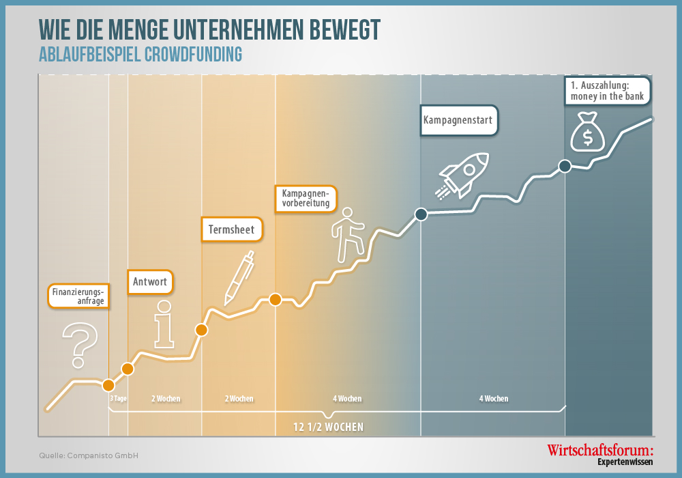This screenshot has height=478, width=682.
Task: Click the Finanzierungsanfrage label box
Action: pyautogui.click(x=78, y=296)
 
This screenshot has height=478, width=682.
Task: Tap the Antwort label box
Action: pyautogui.click(x=150, y=281)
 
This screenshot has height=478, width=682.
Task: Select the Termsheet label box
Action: pyautogui.click(x=232, y=229)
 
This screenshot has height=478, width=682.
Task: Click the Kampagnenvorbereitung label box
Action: pyautogui.click(x=306, y=199)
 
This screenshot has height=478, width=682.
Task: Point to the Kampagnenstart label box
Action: pyautogui.click(x=458, y=120)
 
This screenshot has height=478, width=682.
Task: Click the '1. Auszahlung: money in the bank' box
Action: pyautogui.click(x=607, y=91)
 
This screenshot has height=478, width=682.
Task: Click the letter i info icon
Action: pyautogui.click(x=164, y=324)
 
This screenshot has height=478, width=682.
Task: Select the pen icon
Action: pyautogui.click(x=239, y=278)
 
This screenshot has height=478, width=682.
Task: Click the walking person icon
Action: pyautogui.click(x=348, y=235)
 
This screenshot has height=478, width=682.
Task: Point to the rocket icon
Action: pyautogui.click(x=462, y=176)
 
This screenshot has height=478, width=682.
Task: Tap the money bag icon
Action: pyautogui.click(x=588, y=132)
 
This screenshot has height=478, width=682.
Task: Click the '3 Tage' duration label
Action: pyautogui.click(x=118, y=398)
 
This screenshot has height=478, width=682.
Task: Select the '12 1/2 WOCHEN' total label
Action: pyautogui.click(x=329, y=427)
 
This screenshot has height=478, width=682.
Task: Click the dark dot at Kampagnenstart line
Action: pyautogui.click(x=421, y=214)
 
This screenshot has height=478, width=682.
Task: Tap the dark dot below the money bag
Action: pyautogui.click(x=565, y=166)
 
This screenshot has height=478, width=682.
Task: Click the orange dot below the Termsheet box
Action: pyautogui.click(x=201, y=330)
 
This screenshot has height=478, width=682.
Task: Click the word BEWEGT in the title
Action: pyautogui.click(x=345, y=29)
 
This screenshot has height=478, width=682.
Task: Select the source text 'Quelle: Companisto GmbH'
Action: pyautogui.click(x=89, y=455)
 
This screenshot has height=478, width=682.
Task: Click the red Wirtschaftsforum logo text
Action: pyautogui.click(x=600, y=450)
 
